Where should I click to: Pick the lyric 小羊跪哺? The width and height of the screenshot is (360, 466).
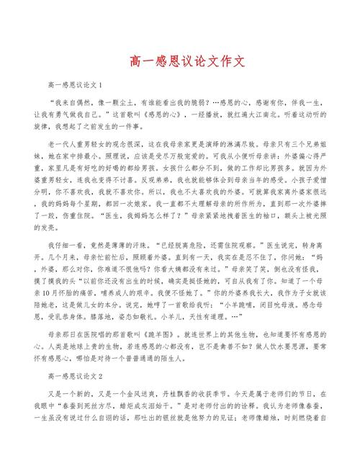coord(251,305)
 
